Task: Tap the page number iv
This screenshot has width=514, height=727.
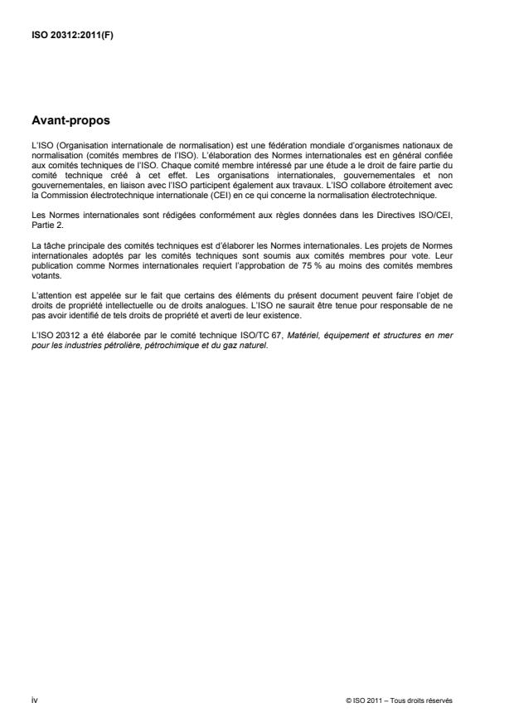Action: tap(33, 700)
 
